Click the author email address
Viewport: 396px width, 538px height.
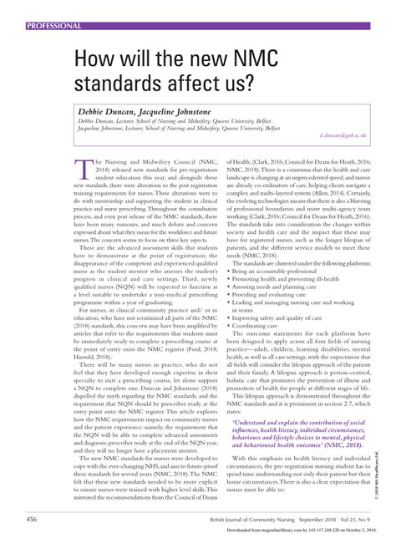click(344, 134)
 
